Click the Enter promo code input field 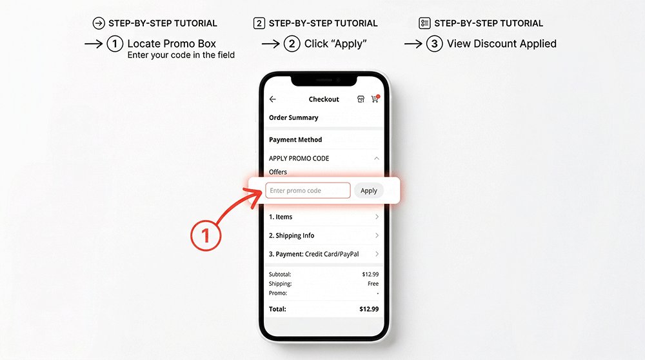tap(308, 190)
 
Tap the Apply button tap(369, 190)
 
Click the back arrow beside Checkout tap(273, 99)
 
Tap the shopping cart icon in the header tap(375, 99)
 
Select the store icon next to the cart tap(361, 99)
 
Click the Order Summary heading tap(293, 117)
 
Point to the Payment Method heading tap(295, 139)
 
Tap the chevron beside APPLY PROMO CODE tap(377, 158)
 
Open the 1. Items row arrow tap(377, 217)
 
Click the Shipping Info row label tap(292, 235)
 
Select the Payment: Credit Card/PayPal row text tap(313, 254)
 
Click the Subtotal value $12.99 tap(370, 274)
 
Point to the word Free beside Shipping tap(373, 284)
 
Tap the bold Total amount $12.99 tap(369, 309)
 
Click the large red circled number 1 tap(206, 235)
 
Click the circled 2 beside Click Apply tap(292, 44)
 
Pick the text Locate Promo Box tap(172, 44)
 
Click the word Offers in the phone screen tap(278, 172)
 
